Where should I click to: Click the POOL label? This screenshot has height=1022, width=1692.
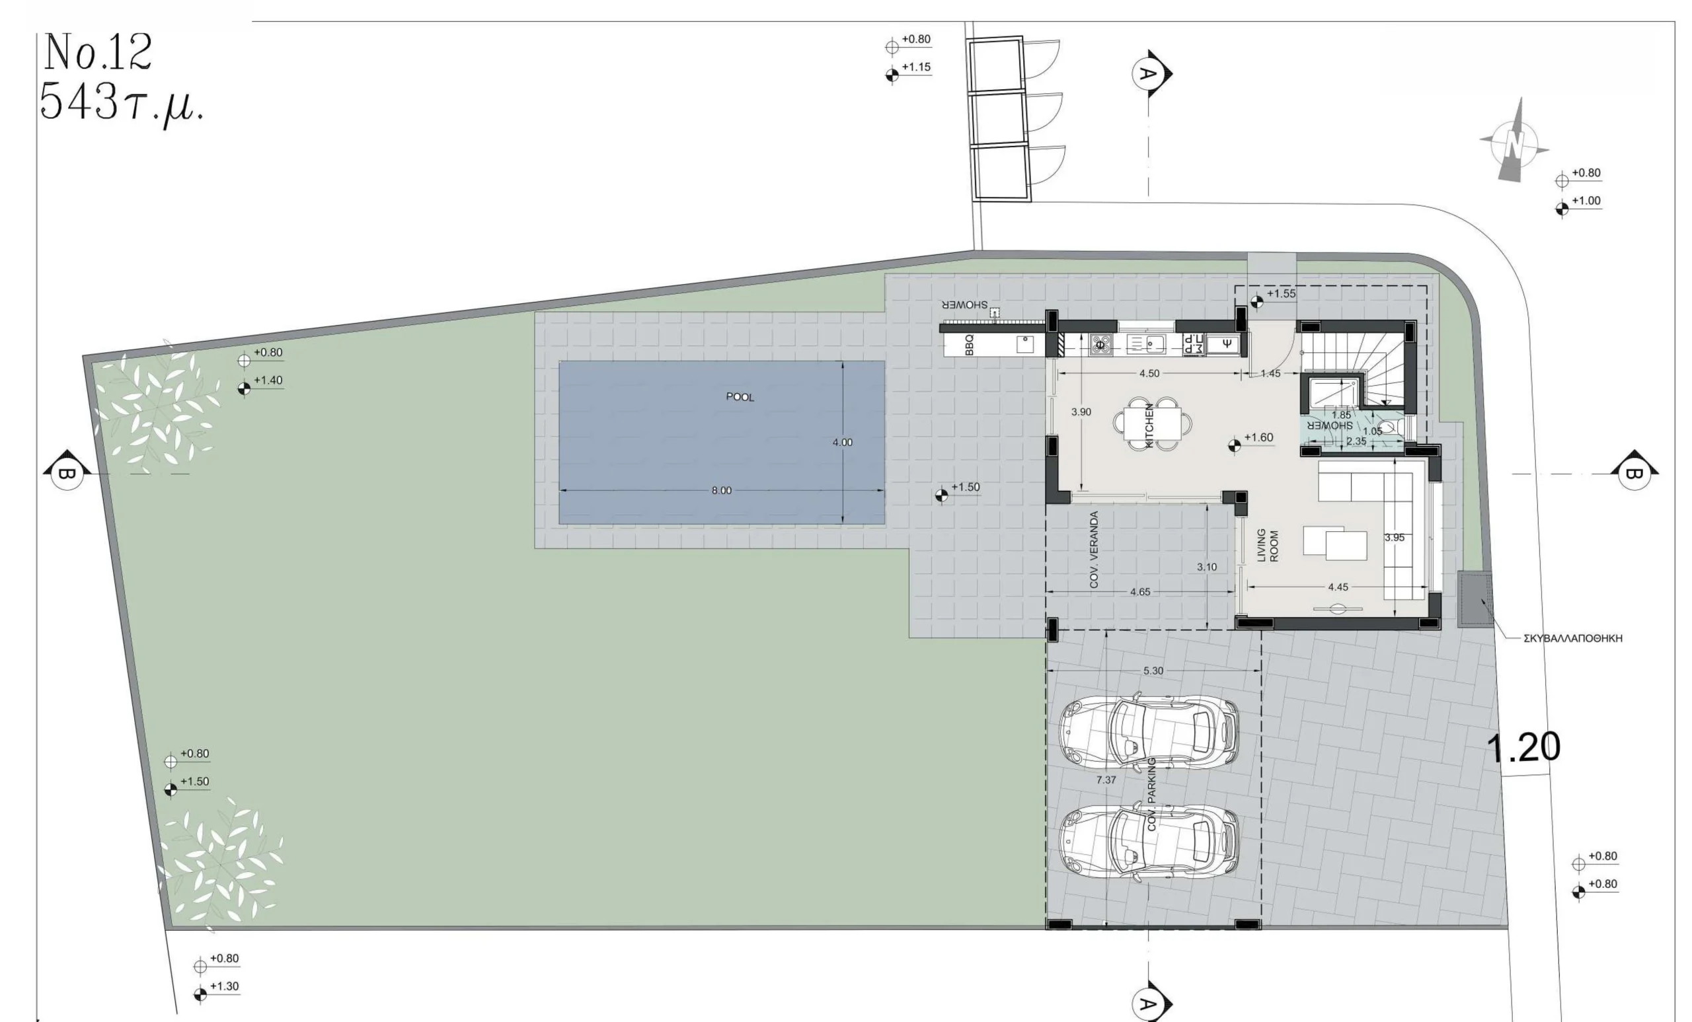[x=740, y=397]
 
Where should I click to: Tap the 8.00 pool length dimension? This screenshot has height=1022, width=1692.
[x=721, y=491]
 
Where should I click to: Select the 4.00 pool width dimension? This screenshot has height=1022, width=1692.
[x=843, y=443]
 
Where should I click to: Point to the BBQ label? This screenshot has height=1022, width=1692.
[x=970, y=344]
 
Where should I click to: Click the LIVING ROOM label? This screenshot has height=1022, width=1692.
[x=1268, y=545]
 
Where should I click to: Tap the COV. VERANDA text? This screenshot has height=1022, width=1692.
[x=1094, y=550]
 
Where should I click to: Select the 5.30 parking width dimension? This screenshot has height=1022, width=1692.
[x=1153, y=671]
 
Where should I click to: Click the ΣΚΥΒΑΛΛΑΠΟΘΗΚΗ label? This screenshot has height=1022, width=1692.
[x=1572, y=638]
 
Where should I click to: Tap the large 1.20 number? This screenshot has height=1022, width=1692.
[x=1523, y=747]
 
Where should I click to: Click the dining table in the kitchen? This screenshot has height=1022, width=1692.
[x=1152, y=423]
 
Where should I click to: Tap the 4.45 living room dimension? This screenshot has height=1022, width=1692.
[x=1338, y=587]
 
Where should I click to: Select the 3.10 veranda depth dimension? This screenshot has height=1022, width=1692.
[x=1206, y=567]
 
